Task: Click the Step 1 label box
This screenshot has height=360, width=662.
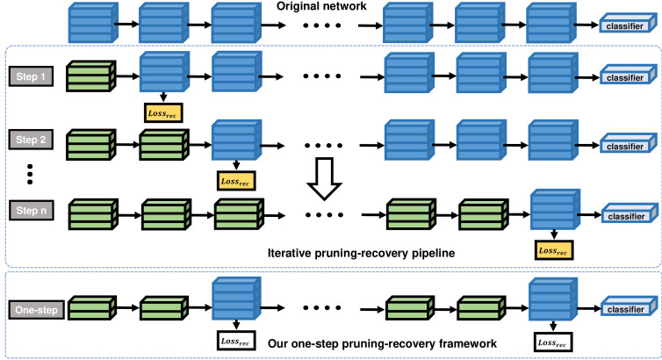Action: click(x=32, y=76)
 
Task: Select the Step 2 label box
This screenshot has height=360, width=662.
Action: click(x=31, y=140)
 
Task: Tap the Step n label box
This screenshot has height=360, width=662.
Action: click(x=32, y=210)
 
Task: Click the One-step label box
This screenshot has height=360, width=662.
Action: click(x=36, y=310)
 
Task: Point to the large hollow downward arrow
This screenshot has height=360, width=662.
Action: click(x=324, y=178)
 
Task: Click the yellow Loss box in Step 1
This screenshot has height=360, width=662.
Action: click(x=163, y=113)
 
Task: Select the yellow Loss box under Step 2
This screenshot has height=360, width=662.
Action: click(x=236, y=181)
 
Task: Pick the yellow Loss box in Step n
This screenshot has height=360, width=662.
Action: click(x=554, y=250)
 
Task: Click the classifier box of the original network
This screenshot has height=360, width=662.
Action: click(x=628, y=23)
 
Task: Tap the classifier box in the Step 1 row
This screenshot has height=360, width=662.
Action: click(x=628, y=76)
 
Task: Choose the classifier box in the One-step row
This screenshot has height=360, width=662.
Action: click(x=629, y=306)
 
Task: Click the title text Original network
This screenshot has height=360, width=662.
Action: click(x=321, y=6)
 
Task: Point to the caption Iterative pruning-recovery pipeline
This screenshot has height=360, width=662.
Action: click(x=361, y=253)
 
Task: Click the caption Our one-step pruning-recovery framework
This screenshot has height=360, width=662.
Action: click(x=382, y=343)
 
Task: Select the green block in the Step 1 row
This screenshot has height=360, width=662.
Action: click(x=90, y=76)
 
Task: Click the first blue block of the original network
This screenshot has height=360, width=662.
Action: click(x=93, y=23)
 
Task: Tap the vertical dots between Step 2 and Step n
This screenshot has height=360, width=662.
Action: click(x=30, y=174)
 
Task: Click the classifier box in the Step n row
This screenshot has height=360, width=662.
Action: click(x=629, y=214)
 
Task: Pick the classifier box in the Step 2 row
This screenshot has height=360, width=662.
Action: click(x=628, y=144)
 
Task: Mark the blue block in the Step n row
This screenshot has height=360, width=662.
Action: click(x=555, y=210)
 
